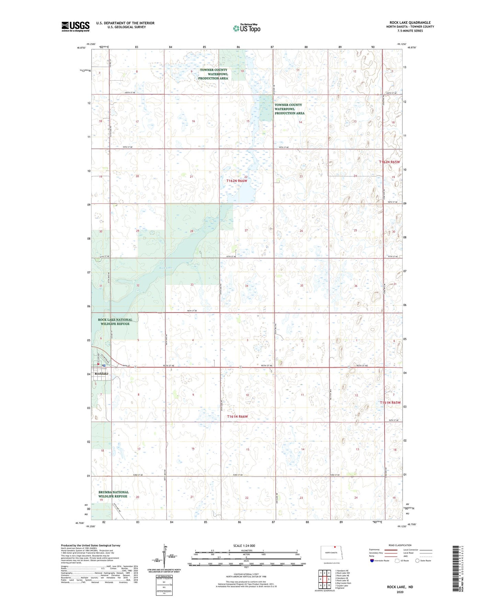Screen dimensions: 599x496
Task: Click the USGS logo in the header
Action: (75, 26)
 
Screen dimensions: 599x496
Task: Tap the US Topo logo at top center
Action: (246, 28)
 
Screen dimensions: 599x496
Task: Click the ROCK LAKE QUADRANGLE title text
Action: (410, 23)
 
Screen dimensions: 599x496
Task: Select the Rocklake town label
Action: (101, 374)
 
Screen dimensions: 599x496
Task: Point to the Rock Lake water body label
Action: (165, 268)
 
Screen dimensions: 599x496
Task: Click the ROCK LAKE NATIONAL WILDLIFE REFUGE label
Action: (115, 322)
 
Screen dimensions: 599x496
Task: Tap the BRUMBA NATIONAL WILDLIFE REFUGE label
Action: (113, 494)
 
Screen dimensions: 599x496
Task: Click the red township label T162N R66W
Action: (237, 180)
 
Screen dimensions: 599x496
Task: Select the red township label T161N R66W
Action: (237, 416)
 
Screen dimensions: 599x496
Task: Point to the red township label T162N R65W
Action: (390, 162)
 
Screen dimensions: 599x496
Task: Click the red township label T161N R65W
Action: (390, 402)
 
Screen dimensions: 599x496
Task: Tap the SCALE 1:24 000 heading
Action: (244, 545)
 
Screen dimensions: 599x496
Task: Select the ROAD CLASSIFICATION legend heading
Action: (400, 545)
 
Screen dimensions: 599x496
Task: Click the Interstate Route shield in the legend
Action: (372, 561)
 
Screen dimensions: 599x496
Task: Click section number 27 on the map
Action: (246, 231)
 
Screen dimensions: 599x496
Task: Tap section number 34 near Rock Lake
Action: (246, 286)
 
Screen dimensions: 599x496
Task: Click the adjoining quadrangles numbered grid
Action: (324, 579)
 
